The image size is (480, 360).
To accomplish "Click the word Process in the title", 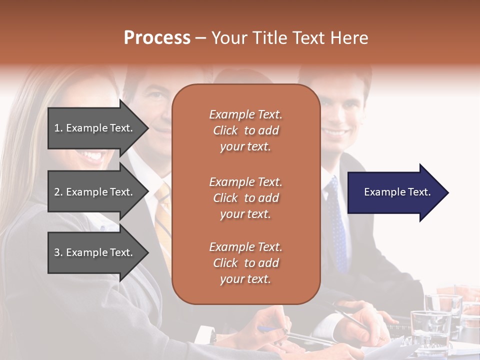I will [157, 38].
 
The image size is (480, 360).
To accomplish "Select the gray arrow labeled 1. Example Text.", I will [95, 128].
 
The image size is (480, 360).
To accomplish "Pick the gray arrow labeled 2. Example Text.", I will [95, 192].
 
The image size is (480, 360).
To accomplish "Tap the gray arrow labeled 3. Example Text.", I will [95, 252].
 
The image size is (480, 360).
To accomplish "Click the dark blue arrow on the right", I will [395, 192].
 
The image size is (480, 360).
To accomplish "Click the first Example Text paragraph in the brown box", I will [245, 130].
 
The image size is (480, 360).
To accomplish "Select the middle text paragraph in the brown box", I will [245, 198].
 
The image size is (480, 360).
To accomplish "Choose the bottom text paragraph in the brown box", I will [245, 263].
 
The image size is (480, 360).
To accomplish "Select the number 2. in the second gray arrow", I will [58, 192].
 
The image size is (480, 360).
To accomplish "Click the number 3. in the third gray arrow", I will [58, 252].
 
